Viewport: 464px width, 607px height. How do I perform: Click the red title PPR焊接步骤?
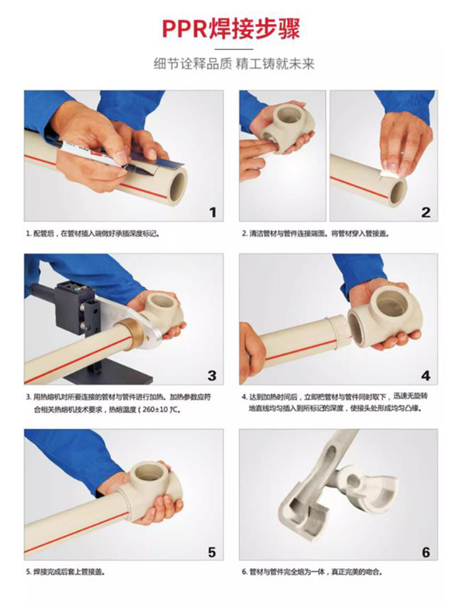point(231,28)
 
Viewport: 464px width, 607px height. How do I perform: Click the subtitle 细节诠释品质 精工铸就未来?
point(234,64)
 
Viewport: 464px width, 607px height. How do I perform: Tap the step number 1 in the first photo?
point(212,212)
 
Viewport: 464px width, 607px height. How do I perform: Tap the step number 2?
point(425,212)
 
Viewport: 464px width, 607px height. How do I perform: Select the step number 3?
point(212,376)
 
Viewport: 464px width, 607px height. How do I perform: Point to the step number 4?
point(425,376)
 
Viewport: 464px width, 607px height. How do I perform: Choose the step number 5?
point(212,552)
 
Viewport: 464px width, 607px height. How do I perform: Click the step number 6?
point(426,552)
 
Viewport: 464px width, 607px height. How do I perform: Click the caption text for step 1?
point(93,233)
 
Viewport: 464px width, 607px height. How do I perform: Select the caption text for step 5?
point(66,571)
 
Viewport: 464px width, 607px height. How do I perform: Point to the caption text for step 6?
point(312,571)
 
